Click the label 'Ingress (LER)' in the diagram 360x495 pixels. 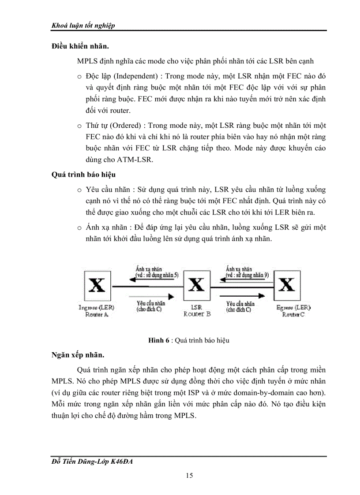coord(97,307)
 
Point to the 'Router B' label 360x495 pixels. coord(197,314)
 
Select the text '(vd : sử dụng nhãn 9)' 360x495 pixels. coord(247,275)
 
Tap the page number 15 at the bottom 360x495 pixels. coord(189,475)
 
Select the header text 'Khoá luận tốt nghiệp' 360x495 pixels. coord(83,25)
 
